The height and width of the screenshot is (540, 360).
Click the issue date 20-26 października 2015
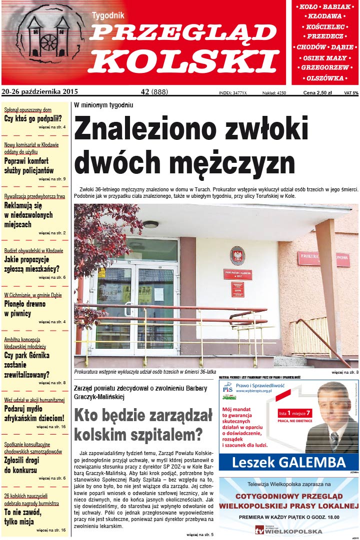click(x=40, y=92)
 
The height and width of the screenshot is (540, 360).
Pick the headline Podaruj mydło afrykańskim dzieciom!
click(x=34, y=413)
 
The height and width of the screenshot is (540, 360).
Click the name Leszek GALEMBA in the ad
click(x=289, y=463)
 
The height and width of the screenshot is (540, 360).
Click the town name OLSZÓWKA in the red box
click(x=325, y=78)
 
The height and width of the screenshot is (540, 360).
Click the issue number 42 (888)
click(x=154, y=92)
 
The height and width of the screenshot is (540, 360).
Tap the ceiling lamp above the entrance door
click(x=150, y=224)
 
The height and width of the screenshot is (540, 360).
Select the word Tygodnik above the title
click(x=108, y=15)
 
